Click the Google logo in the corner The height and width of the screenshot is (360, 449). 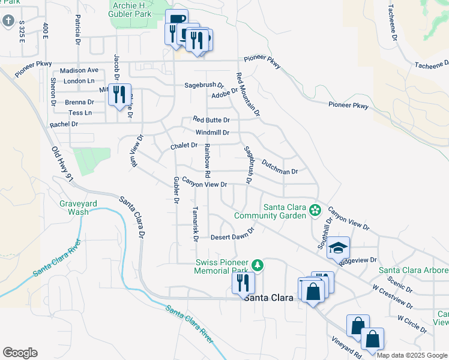pos(20,352)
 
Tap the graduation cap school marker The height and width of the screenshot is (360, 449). pos(338,247)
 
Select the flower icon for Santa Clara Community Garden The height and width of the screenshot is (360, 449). pos(315,211)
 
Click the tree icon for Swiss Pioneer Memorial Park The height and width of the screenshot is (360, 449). pos(258,265)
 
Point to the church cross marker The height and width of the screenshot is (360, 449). pos(8,21)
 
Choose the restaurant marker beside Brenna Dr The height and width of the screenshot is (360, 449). pos(119,94)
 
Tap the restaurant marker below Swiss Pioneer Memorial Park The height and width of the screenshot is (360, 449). pos(243,283)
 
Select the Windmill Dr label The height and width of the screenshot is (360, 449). pos(212,133)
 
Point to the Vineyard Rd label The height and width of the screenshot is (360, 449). pos(346,347)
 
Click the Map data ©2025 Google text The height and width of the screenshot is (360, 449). pos(411,355)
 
